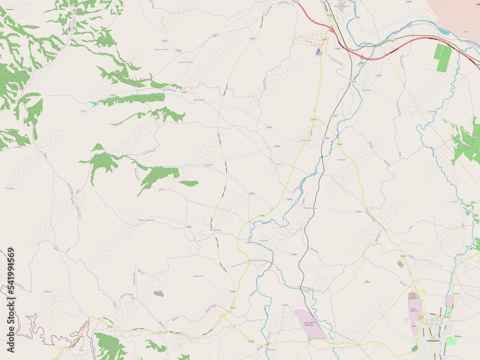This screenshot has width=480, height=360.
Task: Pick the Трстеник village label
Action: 263,240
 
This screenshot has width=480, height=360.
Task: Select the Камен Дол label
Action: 215,230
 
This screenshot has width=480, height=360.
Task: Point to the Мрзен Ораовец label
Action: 143,220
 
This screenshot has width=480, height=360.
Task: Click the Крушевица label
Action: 185,99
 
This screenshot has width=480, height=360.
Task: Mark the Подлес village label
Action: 83,110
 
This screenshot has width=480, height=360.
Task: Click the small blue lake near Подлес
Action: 93,103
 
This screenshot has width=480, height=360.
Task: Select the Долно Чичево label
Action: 186,62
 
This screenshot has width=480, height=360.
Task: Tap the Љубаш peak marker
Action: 368,280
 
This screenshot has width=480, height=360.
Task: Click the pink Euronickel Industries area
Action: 310,323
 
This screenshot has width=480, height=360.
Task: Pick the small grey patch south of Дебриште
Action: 158,293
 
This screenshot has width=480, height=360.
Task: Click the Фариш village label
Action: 48,291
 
